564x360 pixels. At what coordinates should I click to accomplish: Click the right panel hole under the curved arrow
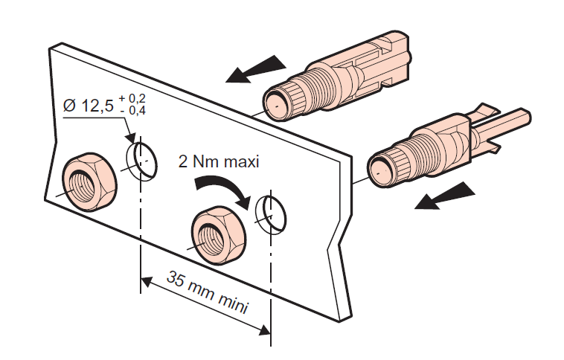(x=269, y=213)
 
